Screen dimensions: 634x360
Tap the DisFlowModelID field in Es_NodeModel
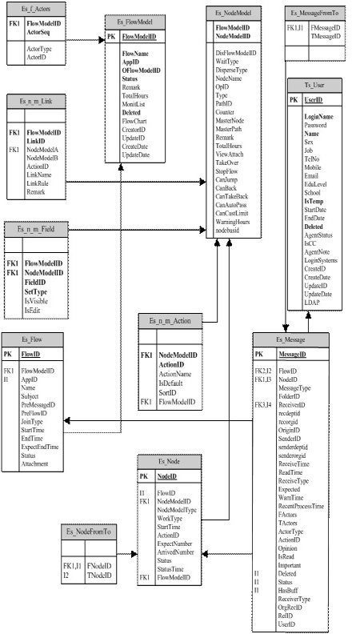[x=236, y=52]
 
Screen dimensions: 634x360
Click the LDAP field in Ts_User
[x=312, y=302]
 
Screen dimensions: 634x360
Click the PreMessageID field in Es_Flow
[x=42, y=406]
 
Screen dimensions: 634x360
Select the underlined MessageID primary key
[x=291, y=354]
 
